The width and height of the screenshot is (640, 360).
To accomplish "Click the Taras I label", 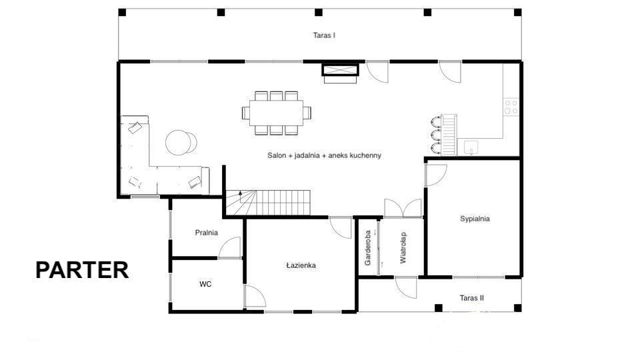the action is pyautogui.click(x=324, y=35).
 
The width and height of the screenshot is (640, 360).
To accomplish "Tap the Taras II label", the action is pyautogui.click(x=471, y=298).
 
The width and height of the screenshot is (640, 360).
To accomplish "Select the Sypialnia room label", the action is pyautogui.click(x=475, y=219).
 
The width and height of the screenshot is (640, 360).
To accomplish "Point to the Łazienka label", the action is pyautogui.click(x=301, y=265).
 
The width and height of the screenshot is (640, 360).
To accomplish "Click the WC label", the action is pyautogui.click(x=205, y=284).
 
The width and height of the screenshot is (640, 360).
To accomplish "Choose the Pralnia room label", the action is pyautogui.click(x=206, y=233).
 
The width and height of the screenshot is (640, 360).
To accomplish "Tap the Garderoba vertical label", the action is pyautogui.click(x=368, y=248).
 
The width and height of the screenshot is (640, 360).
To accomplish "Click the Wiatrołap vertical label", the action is pyautogui.click(x=403, y=248).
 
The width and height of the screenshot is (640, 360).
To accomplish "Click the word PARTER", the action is pyautogui.click(x=82, y=270).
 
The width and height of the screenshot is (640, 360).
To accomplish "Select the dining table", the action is pyautogui.click(x=276, y=113).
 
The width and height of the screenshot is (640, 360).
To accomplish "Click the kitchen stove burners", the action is pyautogui.click(x=511, y=107).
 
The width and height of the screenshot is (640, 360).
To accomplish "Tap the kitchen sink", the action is pyautogui.click(x=471, y=147).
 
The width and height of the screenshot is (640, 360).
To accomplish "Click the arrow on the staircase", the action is pyautogui.click(x=241, y=197).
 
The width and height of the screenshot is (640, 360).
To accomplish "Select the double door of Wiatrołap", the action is pyautogui.click(x=403, y=208).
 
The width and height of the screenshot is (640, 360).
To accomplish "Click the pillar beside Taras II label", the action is pyautogui.click(x=439, y=308).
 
